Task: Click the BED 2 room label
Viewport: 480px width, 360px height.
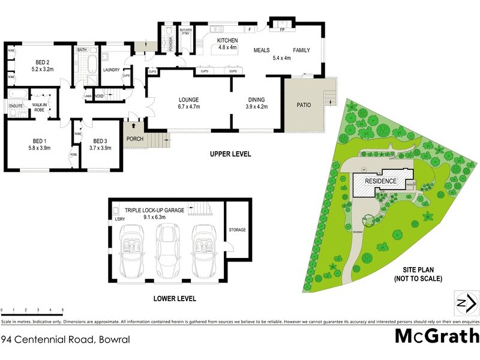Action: [x=41, y=62]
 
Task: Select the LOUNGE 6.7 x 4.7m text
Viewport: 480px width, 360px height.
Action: [x=188, y=100]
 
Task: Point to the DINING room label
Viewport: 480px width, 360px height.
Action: [x=256, y=100]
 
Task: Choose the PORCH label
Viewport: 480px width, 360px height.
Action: [x=135, y=139]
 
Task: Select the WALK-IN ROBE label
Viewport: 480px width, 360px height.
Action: [x=40, y=107]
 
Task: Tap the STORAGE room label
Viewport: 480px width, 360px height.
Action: [x=237, y=230]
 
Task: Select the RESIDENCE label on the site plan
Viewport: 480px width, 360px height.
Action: [x=381, y=181]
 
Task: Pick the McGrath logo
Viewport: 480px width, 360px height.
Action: [x=437, y=337]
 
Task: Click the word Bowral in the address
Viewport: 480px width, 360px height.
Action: [x=113, y=339]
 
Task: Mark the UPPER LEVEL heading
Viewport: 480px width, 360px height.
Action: [x=230, y=154]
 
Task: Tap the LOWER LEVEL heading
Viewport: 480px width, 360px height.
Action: [x=174, y=298]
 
